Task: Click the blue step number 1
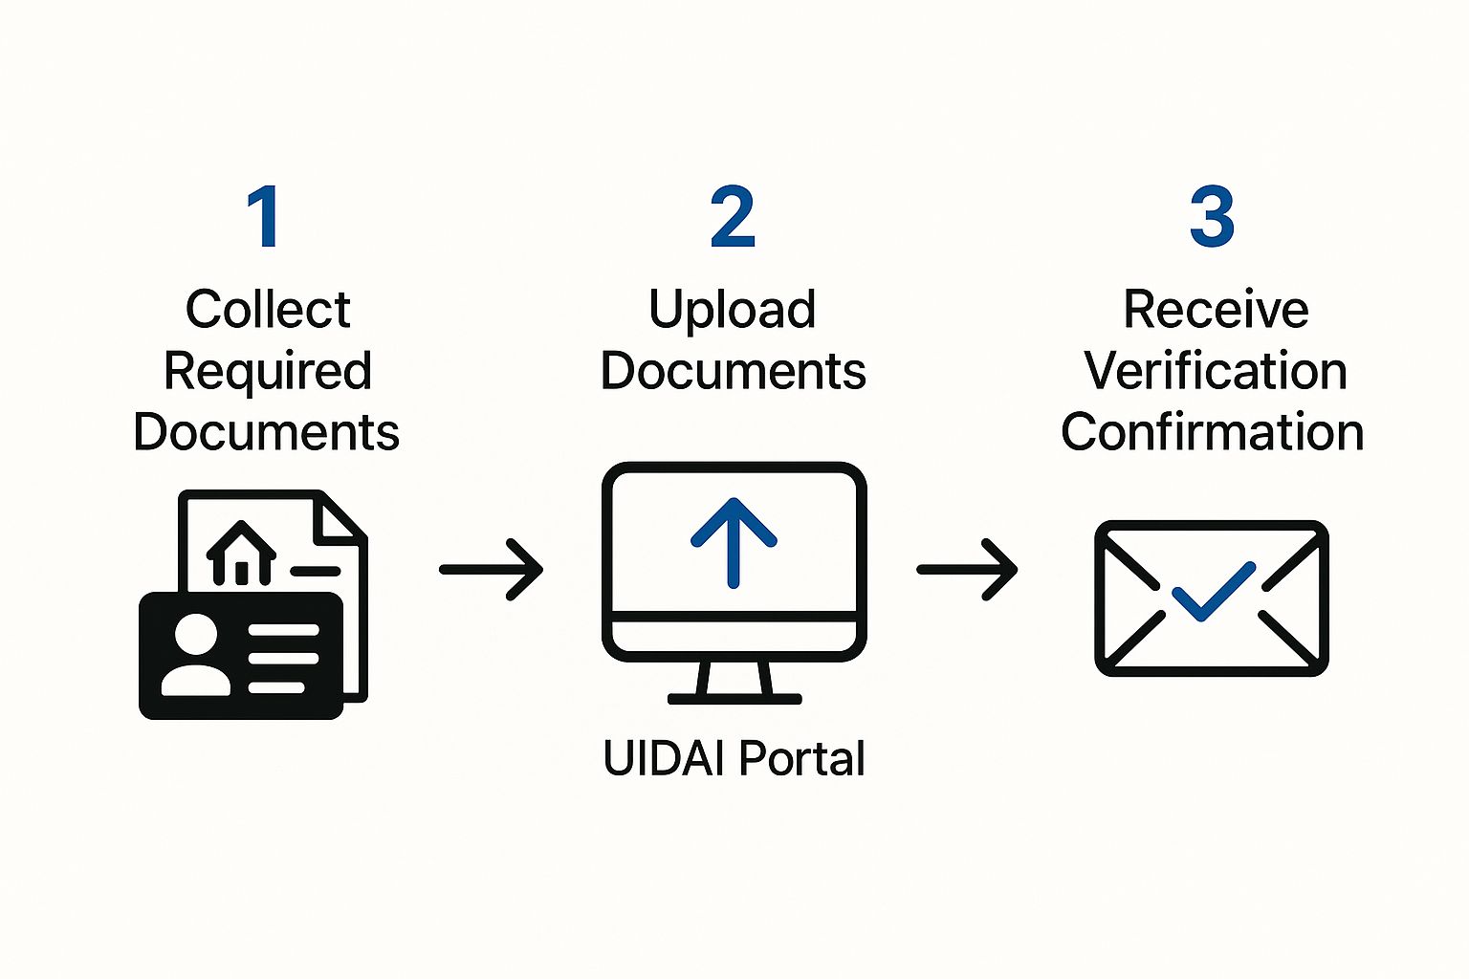[264, 217]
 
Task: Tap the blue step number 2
[733, 217]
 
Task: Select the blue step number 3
[1212, 217]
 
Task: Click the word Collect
[268, 309]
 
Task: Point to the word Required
[268, 371]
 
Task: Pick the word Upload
[733, 309]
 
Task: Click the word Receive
[1216, 309]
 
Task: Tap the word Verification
[1216, 370]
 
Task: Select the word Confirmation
[1212, 431]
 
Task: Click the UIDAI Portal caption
[734, 758]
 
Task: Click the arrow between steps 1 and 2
[492, 570]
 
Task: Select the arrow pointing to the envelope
[967, 570]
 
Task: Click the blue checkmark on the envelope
[1213, 592]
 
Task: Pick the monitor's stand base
[734, 698]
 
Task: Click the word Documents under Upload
[733, 371]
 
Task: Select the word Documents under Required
[266, 431]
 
